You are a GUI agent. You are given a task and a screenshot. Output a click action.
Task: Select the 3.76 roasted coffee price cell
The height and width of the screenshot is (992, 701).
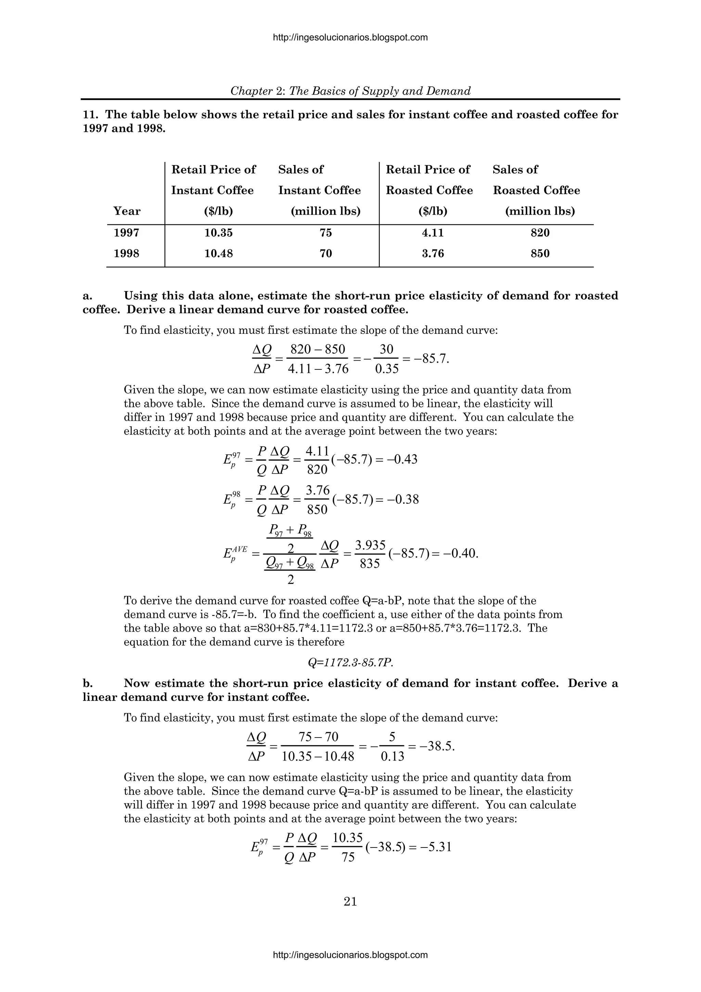(433, 254)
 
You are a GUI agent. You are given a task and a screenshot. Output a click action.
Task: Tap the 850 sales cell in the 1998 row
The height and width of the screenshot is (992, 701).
(540, 254)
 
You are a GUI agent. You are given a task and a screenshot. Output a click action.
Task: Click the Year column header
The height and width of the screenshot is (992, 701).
(127, 211)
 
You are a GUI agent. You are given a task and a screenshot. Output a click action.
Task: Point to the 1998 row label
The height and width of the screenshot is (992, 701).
(127, 254)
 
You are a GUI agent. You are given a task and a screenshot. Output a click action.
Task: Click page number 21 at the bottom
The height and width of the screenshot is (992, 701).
(350, 902)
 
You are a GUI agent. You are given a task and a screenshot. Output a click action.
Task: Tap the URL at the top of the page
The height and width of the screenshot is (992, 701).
(350, 38)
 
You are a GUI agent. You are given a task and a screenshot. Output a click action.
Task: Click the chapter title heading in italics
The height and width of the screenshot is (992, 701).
(350, 91)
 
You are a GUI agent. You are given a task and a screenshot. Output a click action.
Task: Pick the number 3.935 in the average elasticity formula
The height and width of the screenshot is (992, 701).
(370, 546)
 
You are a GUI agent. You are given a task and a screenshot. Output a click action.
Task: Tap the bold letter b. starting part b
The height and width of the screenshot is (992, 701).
(87, 683)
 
